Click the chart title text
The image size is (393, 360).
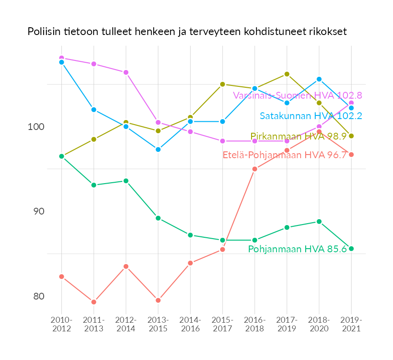click(187, 32)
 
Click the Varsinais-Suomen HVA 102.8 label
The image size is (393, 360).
click(297, 95)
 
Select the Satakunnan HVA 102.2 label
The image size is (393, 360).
click(311, 116)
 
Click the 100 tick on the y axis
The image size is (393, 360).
click(36, 127)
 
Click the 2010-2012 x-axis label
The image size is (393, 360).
click(61, 324)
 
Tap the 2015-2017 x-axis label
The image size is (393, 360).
click(222, 324)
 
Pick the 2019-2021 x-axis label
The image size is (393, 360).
click(351, 324)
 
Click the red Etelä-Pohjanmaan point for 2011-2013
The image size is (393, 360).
click(94, 302)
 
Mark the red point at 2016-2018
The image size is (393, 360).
click(255, 169)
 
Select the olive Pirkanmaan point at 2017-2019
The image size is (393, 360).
click(287, 74)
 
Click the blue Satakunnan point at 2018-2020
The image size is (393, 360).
click(319, 79)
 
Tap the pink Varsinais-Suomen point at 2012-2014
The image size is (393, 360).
click(126, 72)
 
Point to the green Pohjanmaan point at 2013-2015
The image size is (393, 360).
click(158, 218)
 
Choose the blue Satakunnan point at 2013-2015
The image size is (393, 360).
click(158, 150)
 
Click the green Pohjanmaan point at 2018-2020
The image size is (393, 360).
click(319, 222)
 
